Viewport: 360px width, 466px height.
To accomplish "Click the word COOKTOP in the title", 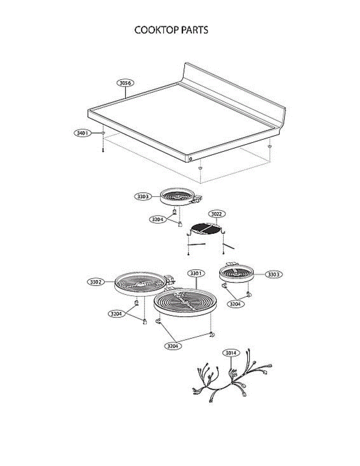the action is click(154, 30).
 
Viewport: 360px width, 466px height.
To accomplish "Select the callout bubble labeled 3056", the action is click(125, 83).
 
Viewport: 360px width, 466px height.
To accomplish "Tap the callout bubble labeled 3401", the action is click(82, 133).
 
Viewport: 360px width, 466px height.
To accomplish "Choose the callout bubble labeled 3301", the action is click(196, 273).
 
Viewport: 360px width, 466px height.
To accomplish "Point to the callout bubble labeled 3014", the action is click(231, 353).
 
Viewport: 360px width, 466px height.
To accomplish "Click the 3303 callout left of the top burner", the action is click(143, 196).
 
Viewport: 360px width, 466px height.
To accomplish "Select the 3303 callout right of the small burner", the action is click(274, 275).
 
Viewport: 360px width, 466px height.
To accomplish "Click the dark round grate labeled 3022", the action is click(207, 229).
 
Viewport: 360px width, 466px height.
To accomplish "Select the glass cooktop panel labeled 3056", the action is click(183, 116).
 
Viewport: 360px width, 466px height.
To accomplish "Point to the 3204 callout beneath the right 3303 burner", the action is click(236, 304).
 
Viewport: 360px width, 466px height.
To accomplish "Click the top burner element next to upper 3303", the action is click(178, 196).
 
